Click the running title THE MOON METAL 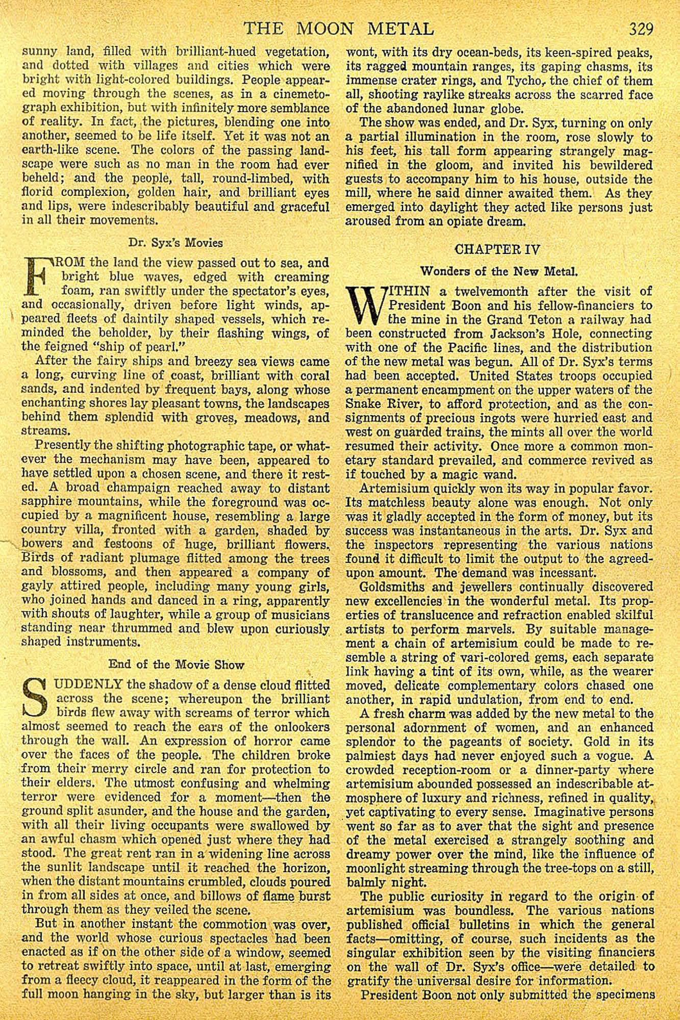339,28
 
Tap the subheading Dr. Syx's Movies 175,243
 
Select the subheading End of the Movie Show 176,665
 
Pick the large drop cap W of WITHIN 364,305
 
